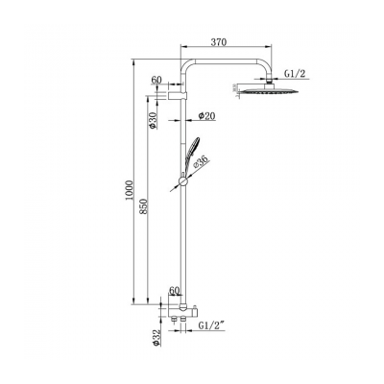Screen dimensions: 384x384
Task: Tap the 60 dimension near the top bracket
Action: [x=156, y=84]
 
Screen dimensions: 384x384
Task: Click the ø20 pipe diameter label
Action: [x=204, y=116]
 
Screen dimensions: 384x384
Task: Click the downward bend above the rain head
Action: [x=265, y=63]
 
